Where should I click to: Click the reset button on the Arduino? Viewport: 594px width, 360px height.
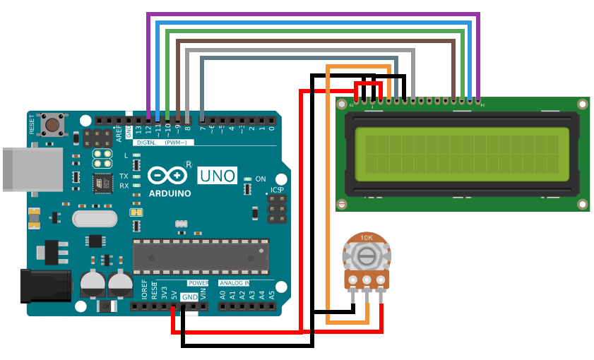click(x=52, y=126)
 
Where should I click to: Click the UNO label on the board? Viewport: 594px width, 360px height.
click(x=217, y=175)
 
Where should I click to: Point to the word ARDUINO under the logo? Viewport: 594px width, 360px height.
click(x=170, y=193)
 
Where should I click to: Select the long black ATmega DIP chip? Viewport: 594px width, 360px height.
click(x=201, y=256)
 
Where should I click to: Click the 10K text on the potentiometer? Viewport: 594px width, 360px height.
click(x=367, y=239)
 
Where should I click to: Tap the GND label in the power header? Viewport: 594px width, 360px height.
click(x=190, y=297)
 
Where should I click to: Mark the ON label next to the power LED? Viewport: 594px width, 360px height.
click(x=261, y=179)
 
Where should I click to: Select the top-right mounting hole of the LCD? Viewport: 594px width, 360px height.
click(x=582, y=104)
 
